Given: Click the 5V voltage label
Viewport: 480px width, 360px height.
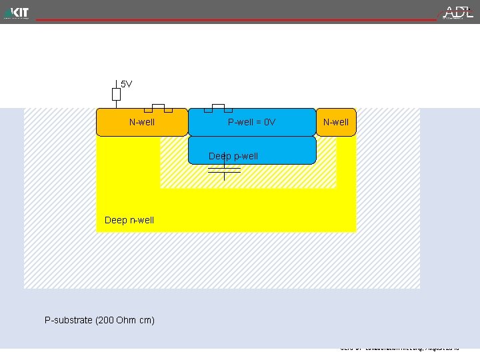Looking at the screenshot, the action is click(x=126, y=84).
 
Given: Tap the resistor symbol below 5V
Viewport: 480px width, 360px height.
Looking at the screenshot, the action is click(x=116, y=94).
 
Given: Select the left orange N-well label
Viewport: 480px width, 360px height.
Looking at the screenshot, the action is click(x=142, y=122).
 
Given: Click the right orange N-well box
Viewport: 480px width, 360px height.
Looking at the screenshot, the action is click(x=336, y=122).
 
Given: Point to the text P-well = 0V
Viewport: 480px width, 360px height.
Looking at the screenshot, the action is click(x=251, y=122).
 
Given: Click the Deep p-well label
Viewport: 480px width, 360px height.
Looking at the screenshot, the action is click(x=233, y=156).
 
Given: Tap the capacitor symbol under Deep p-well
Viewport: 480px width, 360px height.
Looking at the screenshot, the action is click(x=224, y=170).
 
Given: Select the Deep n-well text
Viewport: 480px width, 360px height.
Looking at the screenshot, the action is click(x=129, y=220).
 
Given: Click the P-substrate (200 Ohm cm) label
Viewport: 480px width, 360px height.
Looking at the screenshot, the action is click(x=99, y=320).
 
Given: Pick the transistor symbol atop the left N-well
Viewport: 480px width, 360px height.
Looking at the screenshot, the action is click(x=159, y=107).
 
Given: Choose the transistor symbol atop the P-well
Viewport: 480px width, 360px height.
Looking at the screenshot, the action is click(x=218, y=107).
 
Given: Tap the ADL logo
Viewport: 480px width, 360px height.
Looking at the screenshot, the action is click(x=459, y=12).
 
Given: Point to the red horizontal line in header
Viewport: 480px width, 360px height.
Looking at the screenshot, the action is click(x=233, y=20).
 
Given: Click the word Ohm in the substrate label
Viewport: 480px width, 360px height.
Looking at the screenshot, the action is click(x=125, y=320).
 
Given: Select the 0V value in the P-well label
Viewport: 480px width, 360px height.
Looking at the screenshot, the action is click(x=269, y=122).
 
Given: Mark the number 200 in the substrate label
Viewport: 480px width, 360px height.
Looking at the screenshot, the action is click(x=105, y=320).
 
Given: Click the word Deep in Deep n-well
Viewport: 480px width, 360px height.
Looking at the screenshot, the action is click(x=115, y=220).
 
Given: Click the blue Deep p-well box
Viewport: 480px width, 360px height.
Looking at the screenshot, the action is click(x=280, y=151).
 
